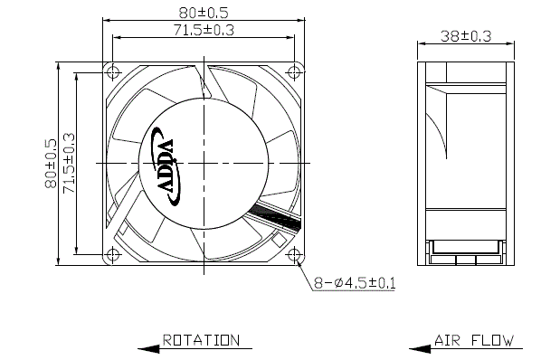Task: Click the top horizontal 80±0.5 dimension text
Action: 204,13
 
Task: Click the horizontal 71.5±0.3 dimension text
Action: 204,30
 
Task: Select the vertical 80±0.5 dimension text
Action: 51,164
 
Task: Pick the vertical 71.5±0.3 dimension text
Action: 69,164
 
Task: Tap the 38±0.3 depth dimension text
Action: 466,36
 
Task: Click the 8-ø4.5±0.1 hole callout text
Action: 355,283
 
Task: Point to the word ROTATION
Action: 201,340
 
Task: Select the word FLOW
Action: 493,340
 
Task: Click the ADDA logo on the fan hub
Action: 166,166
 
